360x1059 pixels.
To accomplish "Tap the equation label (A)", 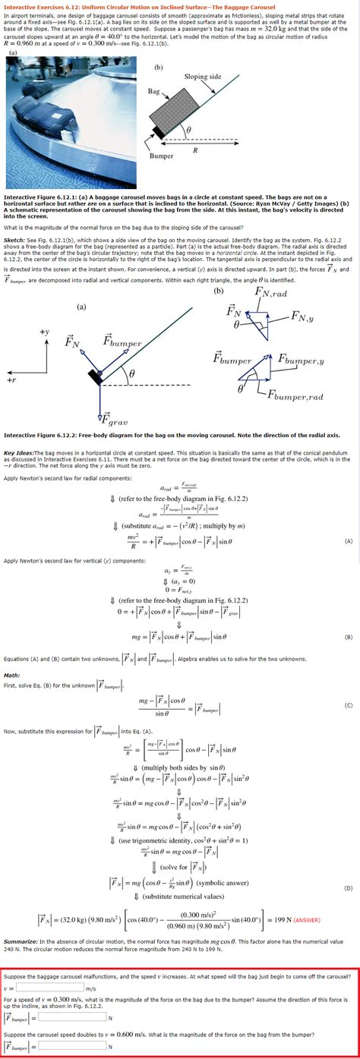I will coord(348,541).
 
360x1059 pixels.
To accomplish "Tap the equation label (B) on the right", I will coord(348,636).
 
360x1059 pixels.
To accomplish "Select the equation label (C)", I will coord(348,704).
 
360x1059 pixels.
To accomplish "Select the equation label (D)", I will coord(348,887).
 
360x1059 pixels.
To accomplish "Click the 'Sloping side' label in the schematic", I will coord(202,77).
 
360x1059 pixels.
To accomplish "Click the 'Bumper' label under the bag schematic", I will coord(161,155).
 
